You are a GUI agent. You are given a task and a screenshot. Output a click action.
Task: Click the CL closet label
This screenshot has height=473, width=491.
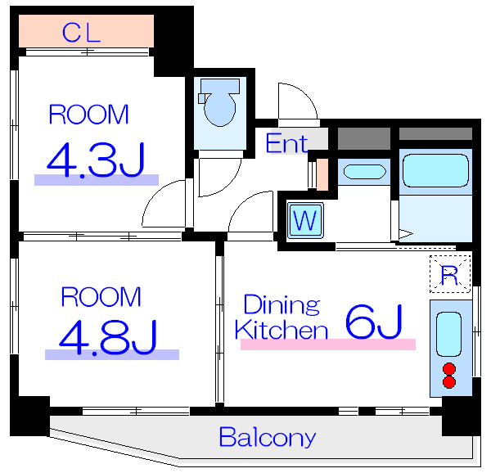click(x=81, y=33)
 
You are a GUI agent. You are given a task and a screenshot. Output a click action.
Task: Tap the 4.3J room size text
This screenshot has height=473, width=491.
click(x=96, y=160)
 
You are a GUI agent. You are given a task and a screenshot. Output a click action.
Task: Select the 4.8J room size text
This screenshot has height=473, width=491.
click(x=108, y=337)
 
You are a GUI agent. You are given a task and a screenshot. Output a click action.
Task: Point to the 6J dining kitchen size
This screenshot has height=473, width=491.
click(x=374, y=322)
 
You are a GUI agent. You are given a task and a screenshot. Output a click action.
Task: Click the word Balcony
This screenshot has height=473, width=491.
click(x=268, y=437)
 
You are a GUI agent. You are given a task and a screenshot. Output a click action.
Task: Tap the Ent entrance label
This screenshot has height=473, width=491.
click(x=287, y=144)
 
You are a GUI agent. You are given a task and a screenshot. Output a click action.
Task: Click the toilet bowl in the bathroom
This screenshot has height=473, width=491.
click(x=220, y=110)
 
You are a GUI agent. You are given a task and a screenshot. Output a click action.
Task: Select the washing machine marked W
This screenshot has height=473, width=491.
click(x=305, y=220)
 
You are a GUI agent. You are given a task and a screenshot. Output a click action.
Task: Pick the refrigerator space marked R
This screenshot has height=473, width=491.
click(x=450, y=274)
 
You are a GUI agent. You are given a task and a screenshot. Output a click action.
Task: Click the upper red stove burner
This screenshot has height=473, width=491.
click(x=449, y=369)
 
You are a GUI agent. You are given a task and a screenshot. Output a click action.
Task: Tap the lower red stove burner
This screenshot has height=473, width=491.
click(x=449, y=382)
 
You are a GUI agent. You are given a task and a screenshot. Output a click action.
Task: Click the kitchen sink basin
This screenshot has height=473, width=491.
click(x=448, y=335)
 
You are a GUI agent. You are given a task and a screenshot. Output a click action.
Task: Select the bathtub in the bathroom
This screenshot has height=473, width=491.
click(x=435, y=170)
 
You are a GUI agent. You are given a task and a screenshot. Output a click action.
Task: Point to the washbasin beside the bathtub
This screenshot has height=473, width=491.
click(x=365, y=172)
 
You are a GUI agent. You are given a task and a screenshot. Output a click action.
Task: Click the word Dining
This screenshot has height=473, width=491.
click(x=282, y=304)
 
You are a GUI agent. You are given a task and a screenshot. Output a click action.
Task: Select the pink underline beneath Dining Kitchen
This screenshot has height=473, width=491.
click(x=328, y=345)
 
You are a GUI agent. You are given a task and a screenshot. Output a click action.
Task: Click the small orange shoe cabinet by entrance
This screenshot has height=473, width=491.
click(x=322, y=174)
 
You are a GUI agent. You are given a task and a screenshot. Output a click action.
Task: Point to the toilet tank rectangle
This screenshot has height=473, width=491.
click(x=220, y=86)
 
